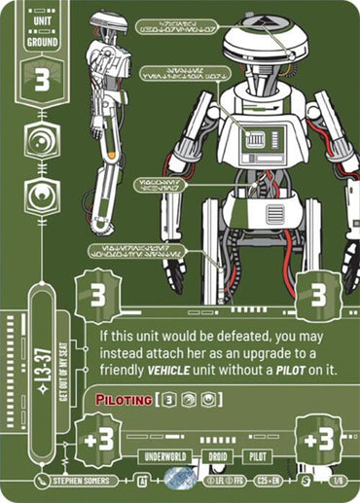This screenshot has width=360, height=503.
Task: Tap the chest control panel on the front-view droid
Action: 255,142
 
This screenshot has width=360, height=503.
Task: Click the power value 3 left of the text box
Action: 100,296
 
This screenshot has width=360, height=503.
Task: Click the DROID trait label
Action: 217,454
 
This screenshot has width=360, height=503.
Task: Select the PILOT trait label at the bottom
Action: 256,454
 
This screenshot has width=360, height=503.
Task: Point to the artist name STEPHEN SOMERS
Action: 85,481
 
